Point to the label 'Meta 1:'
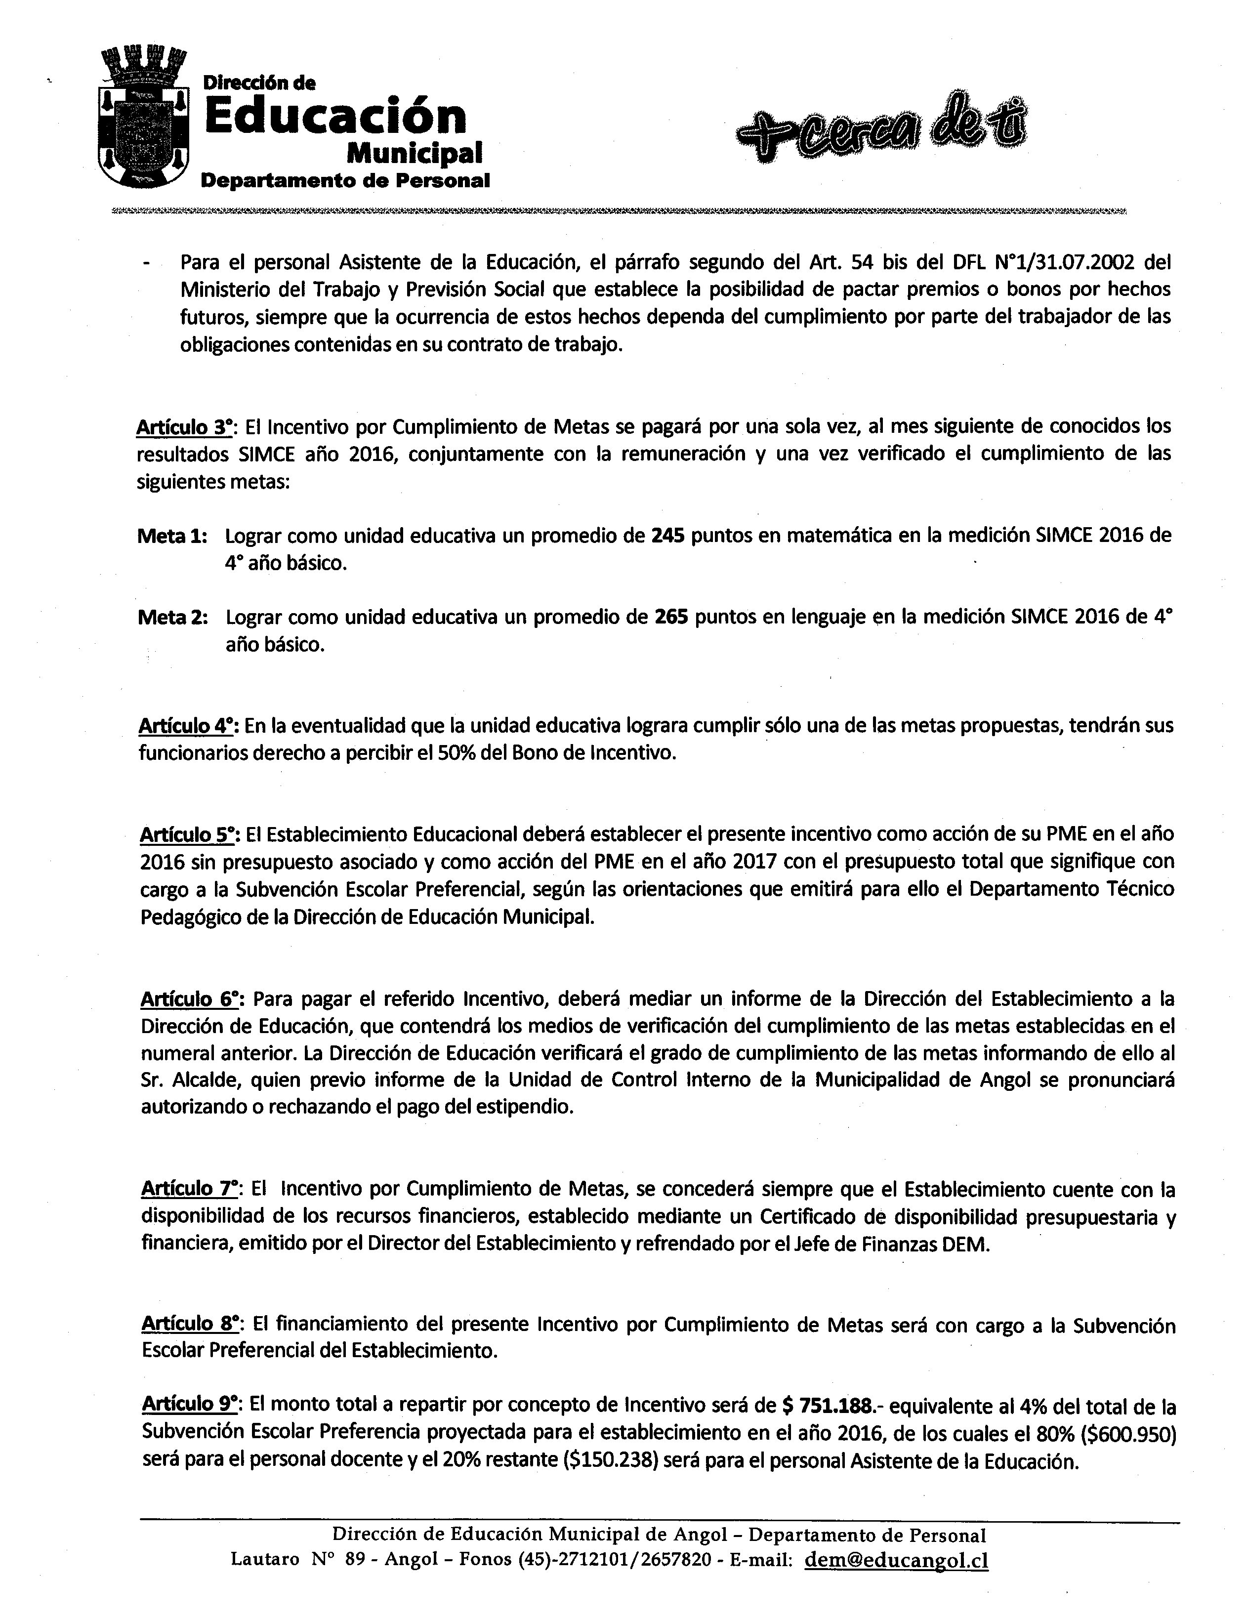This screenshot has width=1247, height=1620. click(x=172, y=536)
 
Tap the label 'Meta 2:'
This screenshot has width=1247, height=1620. click(x=172, y=618)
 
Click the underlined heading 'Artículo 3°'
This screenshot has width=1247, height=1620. click(x=185, y=427)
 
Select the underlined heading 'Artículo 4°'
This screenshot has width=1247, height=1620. click(x=187, y=725)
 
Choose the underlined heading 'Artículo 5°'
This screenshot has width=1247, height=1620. click(x=188, y=834)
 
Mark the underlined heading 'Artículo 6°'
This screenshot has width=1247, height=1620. click(x=189, y=999)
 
